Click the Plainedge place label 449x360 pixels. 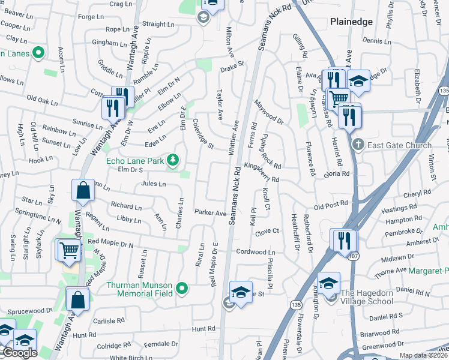[351, 22]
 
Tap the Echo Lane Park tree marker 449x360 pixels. [173, 160]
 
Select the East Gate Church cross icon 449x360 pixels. [358, 145]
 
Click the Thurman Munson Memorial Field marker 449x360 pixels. [182, 289]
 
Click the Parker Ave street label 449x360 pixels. [210, 212]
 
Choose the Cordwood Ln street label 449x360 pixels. [255, 252]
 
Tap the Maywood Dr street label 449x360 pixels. [268, 112]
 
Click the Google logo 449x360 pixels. [19, 353]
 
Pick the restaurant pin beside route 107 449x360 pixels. [344, 240]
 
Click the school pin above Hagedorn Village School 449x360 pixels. [328, 283]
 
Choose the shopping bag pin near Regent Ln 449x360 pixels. [83, 191]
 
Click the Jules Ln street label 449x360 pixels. [153, 184]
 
